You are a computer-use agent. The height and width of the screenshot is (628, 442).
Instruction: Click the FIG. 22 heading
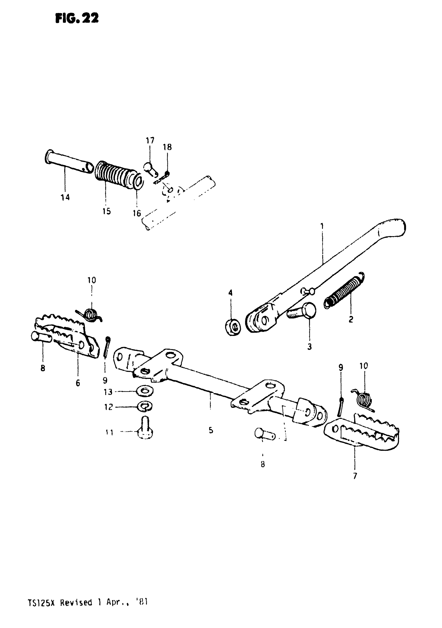[77, 19]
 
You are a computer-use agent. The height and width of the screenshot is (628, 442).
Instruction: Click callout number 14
[65, 197]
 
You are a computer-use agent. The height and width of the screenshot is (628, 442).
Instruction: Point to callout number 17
[150, 140]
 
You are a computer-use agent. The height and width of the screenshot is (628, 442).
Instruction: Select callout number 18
[167, 147]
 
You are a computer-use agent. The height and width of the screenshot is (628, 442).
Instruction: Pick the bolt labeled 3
[302, 312]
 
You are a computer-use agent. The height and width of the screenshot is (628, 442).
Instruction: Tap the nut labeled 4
[233, 326]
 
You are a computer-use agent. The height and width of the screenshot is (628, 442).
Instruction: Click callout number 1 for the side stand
[322, 226]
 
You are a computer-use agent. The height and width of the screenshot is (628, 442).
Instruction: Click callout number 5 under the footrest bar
[211, 430]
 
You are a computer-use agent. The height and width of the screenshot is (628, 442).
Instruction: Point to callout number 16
[137, 213]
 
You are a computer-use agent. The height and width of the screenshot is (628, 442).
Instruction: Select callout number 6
[78, 383]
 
